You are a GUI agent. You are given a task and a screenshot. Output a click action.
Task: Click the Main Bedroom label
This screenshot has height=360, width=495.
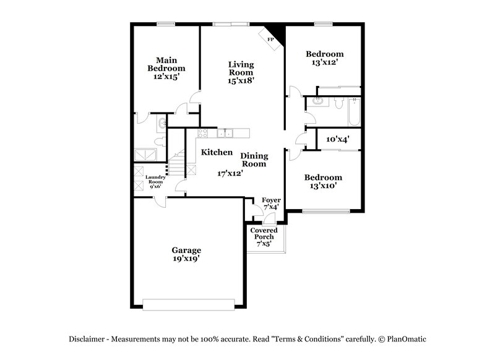click(x=166, y=67)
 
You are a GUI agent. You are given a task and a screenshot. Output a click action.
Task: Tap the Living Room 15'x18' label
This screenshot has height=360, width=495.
click(x=241, y=72)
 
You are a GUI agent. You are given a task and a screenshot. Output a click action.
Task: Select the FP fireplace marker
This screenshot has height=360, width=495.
click(x=270, y=40)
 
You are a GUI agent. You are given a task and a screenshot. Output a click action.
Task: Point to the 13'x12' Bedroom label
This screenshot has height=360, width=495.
click(x=324, y=58)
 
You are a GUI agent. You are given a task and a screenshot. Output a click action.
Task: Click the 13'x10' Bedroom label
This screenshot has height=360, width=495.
click(x=323, y=182)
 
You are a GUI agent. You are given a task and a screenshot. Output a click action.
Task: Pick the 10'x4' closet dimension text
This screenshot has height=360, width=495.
click(x=338, y=140)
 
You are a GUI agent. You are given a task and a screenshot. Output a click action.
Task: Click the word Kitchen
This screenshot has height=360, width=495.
click(x=217, y=152)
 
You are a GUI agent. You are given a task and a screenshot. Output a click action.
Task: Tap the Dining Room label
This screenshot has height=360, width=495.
click(x=254, y=160)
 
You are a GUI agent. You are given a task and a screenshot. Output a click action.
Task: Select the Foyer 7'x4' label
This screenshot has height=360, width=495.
click(x=271, y=204)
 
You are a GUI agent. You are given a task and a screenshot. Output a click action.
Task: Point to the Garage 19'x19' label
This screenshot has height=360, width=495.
click(x=186, y=254)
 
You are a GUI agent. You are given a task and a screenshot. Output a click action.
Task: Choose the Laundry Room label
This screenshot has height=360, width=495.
click(x=154, y=181)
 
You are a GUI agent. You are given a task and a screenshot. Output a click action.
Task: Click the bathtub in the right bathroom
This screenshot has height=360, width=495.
click(x=354, y=111)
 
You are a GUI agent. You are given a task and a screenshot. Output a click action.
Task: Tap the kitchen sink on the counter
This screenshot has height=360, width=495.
click(x=225, y=132)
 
